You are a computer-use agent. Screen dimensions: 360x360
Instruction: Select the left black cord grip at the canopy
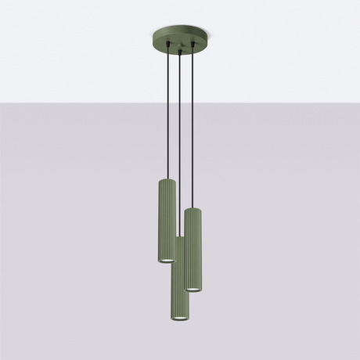[167, 52]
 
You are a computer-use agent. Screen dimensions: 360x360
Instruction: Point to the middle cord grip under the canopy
[180, 55]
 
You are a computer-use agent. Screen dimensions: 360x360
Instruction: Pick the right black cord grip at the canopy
[193, 52]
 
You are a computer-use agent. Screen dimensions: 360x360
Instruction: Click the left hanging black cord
[167, 117]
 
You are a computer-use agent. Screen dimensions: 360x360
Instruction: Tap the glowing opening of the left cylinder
[167, 261]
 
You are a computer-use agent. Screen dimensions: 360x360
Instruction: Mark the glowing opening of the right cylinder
[193, 289]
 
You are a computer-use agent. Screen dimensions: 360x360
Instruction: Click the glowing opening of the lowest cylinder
[179, 319]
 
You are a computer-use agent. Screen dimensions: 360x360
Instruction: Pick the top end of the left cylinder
[167, 181]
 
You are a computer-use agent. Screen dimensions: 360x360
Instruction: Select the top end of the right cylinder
[193, 209]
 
